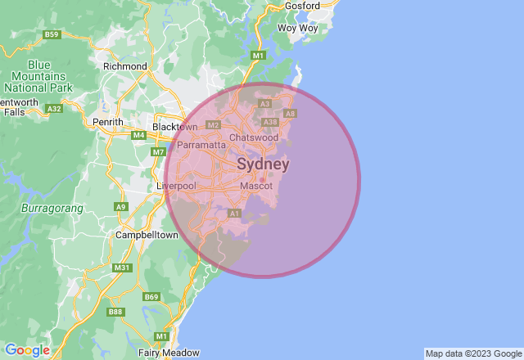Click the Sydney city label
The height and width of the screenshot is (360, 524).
point(263,164)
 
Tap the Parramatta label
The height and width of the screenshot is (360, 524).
point(201,145)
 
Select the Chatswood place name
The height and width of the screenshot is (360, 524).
point(254,137)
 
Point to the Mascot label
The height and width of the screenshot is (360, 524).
point(256,187)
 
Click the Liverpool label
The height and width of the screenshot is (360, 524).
point(176,187)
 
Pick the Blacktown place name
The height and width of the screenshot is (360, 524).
point(175,127)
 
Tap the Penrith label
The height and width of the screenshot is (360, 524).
point(108,122)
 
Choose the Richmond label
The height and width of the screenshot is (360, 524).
point(125,66)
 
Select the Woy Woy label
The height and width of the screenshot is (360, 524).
point(297,28)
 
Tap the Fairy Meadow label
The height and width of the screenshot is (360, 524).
point(169,353)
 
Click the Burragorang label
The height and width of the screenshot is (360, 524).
point(52,209)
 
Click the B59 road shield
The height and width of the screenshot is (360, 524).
point(52,34)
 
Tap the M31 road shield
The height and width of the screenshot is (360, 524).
point(122,268)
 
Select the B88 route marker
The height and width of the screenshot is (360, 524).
point(115,311)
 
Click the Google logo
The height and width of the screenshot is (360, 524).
point(27,350)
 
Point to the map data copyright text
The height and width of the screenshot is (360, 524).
point(472,353)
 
